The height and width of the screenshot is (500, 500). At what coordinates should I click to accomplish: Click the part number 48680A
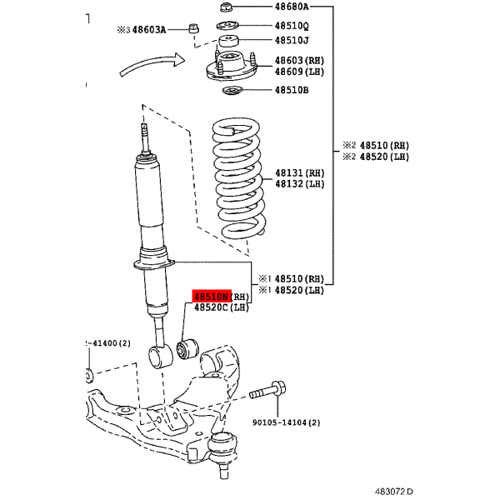click(292, 7)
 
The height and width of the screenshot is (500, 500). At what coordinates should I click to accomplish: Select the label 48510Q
click(292, 26)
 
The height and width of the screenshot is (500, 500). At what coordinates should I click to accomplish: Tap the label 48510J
click(292, 40)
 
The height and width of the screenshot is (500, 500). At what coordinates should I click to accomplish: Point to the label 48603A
click(149, 30)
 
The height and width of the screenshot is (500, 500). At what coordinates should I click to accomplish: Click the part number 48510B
click(292, 90)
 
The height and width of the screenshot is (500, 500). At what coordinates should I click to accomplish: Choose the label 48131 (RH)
click(300, 173)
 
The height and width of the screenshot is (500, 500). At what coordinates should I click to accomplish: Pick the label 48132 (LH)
click(300, 184)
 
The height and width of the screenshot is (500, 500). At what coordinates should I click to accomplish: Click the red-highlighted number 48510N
click(212, 297)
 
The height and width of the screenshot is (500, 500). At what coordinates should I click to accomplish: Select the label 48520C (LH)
click(222, 307)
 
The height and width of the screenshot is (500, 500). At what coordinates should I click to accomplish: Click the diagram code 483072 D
click(394, 492)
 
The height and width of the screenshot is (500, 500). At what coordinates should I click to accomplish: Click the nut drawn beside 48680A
click(226, 7)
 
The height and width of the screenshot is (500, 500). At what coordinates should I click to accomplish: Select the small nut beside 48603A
click(193, 28)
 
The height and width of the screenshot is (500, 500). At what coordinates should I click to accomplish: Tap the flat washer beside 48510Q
click(227, 26)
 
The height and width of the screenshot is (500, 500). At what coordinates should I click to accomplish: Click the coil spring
click(239, 178)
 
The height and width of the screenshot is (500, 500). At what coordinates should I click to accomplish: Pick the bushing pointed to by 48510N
click(187, 349)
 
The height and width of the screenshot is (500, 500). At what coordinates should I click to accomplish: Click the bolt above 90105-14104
click(267, 391)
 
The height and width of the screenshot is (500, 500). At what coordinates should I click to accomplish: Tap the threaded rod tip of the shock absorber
click(145, 137)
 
